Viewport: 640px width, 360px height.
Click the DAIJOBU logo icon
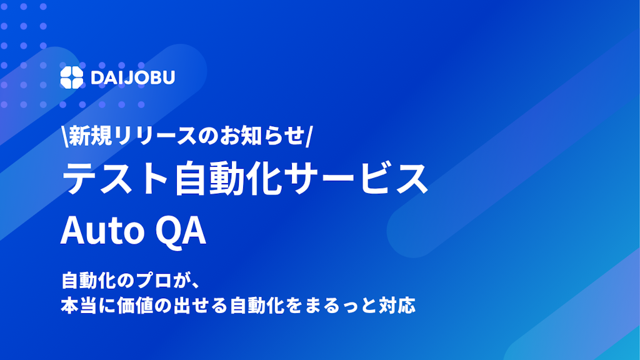[71, 77]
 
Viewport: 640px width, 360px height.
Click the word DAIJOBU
[132, 77]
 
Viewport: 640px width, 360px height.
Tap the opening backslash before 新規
[64, 136]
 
